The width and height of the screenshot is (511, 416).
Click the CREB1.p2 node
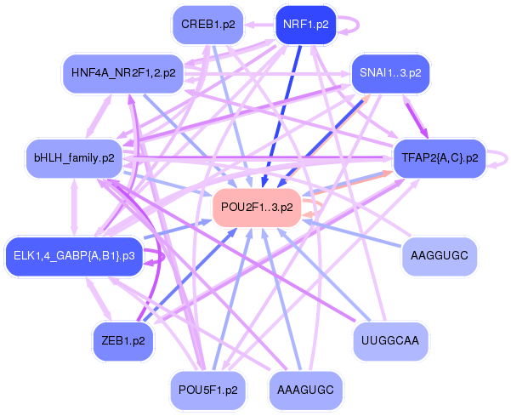click(207, 25)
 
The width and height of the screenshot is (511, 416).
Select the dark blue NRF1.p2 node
click(305, 25)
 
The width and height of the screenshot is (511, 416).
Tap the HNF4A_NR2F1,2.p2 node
click(123, 73)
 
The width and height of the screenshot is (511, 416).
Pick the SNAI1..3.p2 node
click(390, 73)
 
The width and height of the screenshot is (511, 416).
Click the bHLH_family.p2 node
click(74, 157)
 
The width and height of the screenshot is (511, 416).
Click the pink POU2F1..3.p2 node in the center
click(257, 207)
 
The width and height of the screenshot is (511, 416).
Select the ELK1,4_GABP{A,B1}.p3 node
click(74, 256)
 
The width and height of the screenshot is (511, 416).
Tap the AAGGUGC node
click(438, 255)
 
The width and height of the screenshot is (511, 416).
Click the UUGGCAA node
click(390, 340)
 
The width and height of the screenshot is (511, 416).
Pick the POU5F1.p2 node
click(207, 390)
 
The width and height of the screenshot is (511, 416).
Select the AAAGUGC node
click(305, 390)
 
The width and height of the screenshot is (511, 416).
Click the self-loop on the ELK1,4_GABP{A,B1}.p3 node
click(155, 256)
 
